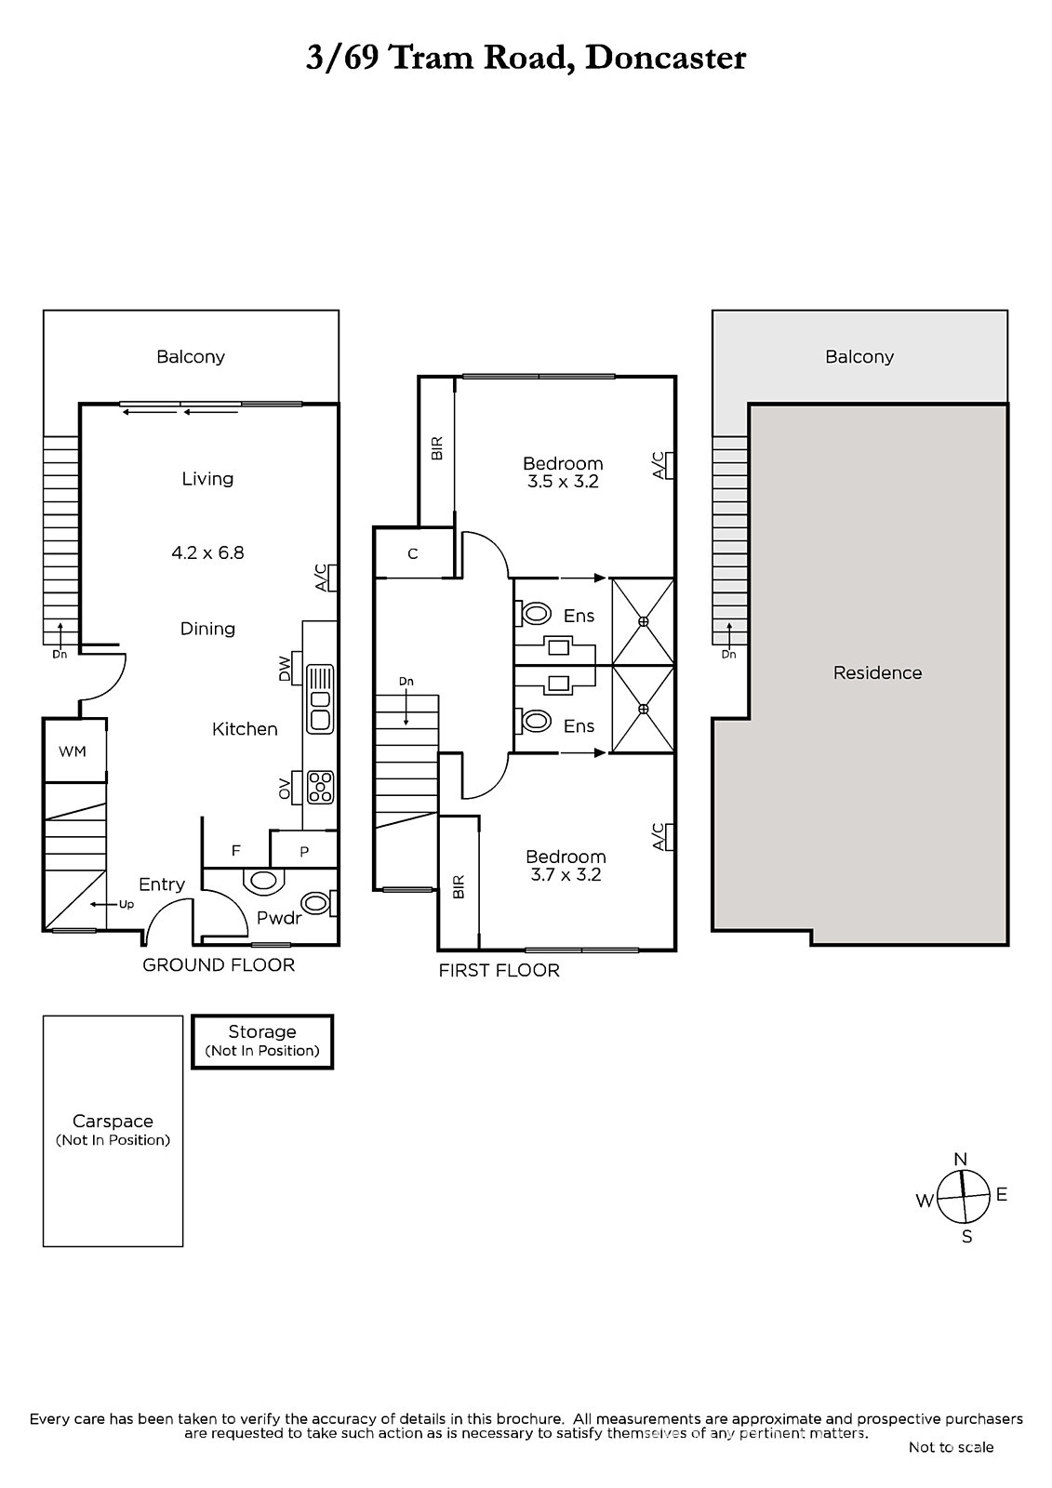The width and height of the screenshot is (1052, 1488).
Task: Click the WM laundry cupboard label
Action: click(x=73, y=751)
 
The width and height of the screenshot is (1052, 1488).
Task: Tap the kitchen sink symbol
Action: click(x=320, y=699)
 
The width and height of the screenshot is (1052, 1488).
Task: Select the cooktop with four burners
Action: click(x=320, y=787)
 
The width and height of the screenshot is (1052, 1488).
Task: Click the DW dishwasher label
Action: click(x=285, y=669)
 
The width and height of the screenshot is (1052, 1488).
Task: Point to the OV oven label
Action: click(x=285, y=788)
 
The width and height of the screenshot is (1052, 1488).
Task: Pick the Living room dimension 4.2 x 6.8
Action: click(x=208, y=552)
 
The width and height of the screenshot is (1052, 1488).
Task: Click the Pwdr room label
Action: click(x=279, y=918)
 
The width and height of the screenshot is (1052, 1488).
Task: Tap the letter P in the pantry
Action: click(x=304, y=852)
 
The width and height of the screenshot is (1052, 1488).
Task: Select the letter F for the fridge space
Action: click(x=235, y=850)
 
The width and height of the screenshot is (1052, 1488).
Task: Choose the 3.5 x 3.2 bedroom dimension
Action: click(x=563, y=482)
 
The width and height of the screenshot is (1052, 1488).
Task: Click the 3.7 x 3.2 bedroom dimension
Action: click(x=566, y=875)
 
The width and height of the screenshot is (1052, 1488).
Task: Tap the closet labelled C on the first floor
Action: click(x=413, y=554)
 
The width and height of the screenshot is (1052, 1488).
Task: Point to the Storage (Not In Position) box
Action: click(x=262, y=1041)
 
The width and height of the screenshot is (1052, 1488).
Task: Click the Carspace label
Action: click(x=113, y=1122)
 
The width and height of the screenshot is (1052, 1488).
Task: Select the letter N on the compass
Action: click(x=960, y=1159)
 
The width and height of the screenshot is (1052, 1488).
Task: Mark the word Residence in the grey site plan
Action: click(x=877, y=673)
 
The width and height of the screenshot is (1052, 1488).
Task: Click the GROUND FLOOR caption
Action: click(x=219, y=965)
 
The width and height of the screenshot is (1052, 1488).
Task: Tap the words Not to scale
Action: click(x=951, y=1447)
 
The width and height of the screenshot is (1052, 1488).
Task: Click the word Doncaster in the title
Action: click(x=665, y=58)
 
